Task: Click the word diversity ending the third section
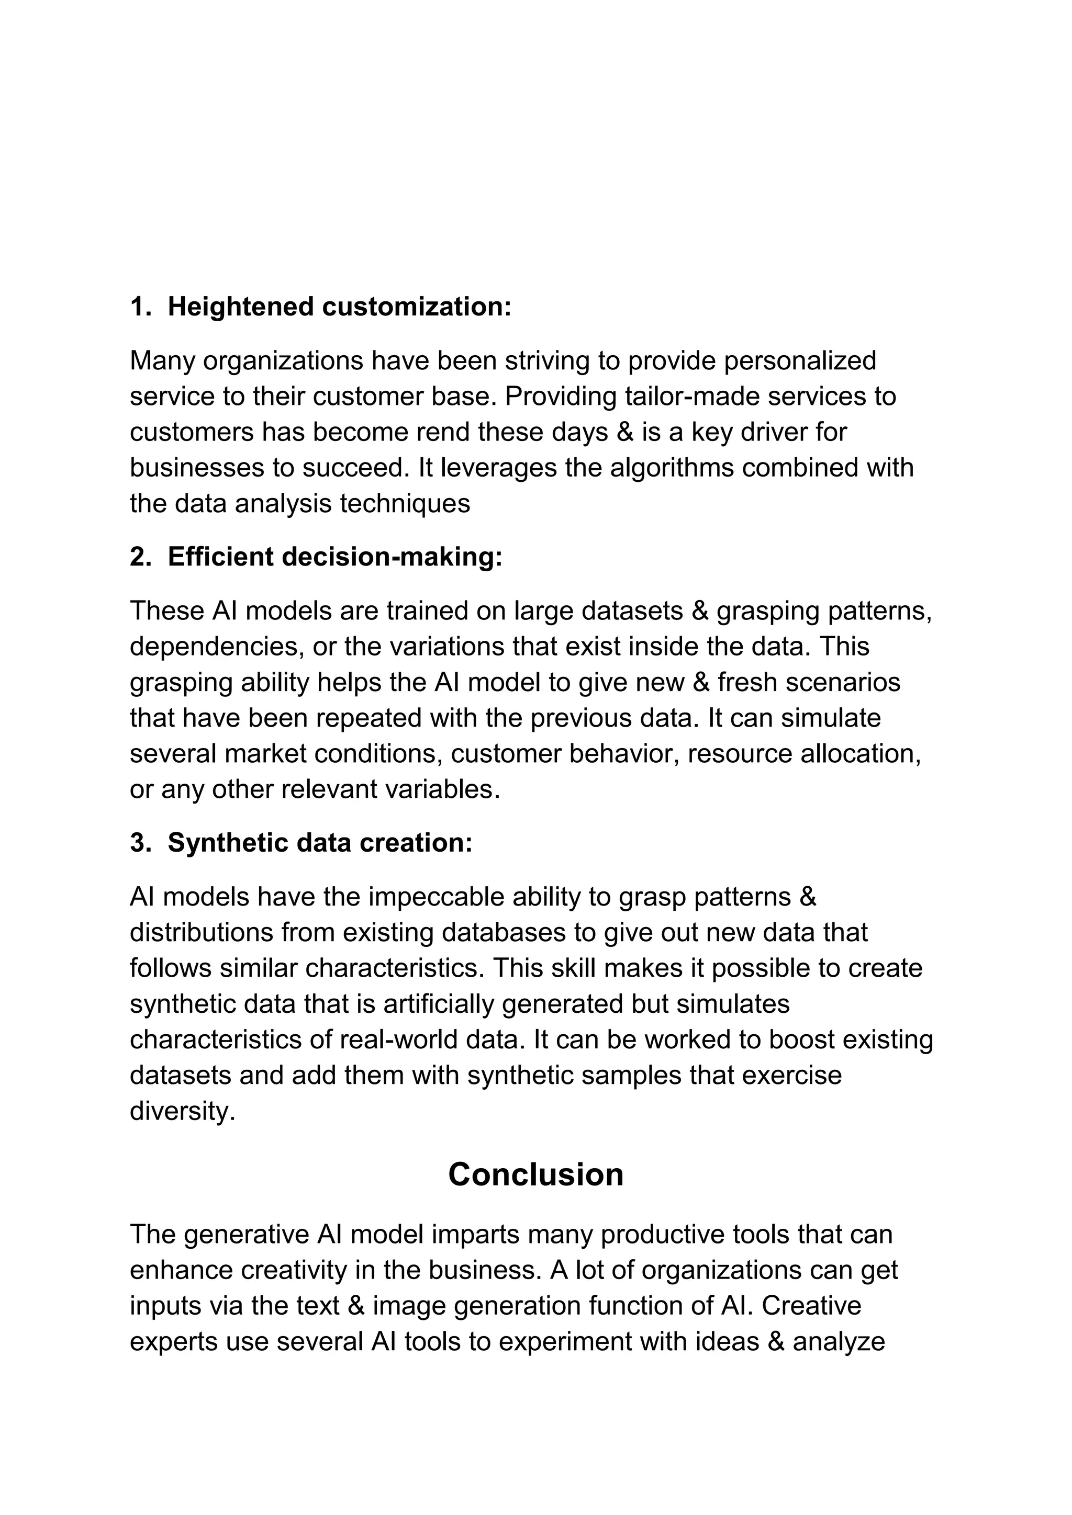182,1112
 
